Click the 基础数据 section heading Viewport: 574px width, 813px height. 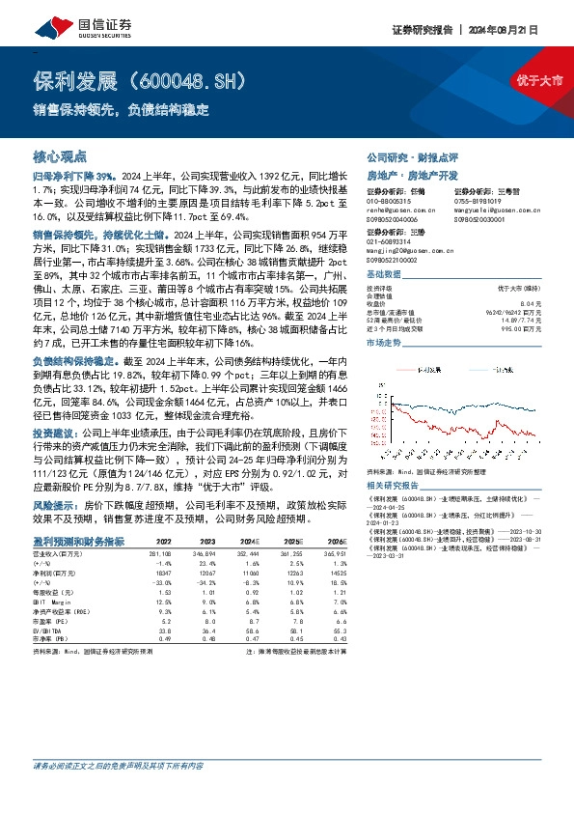click(x=386, y=274)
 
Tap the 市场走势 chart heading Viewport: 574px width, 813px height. click(x=386, y=343)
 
